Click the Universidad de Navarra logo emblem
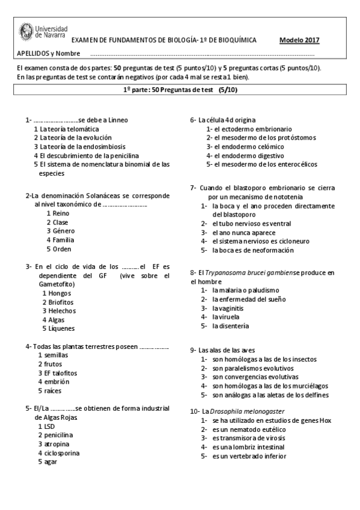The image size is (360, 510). (27, 31)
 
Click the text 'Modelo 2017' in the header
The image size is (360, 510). (299, 40)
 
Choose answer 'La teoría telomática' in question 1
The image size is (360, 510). (66, 129)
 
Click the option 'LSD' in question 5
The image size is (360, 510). (49, 426)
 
